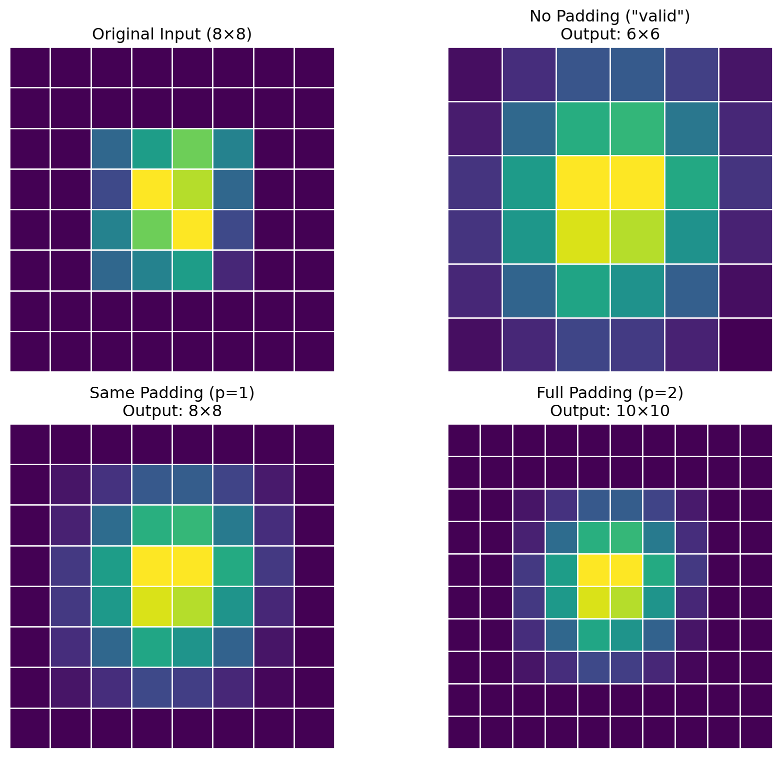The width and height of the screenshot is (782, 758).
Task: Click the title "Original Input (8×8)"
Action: [x=172, y=34]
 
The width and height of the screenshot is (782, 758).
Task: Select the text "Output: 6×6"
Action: [x=610, y=34]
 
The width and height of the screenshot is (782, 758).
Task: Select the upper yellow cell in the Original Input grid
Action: [x=152, y=189]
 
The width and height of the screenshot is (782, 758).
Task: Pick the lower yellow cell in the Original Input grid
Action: [x=192, y=230]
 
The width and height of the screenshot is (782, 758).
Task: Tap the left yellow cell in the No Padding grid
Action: [x=583, y=183]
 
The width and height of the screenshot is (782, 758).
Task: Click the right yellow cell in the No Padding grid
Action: [x=637, y=183]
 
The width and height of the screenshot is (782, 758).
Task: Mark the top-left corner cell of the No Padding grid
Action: [x=475, y=74]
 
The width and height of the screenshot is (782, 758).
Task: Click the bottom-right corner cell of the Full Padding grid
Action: [x=756, y=732]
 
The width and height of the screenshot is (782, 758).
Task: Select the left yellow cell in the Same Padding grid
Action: [x=152, y=566]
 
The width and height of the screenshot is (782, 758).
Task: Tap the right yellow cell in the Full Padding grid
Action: [x=626, y=570]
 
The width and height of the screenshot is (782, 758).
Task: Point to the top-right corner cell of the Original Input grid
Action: [x=314, y=67]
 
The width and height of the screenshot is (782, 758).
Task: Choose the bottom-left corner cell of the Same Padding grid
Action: [x=30, y=728]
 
